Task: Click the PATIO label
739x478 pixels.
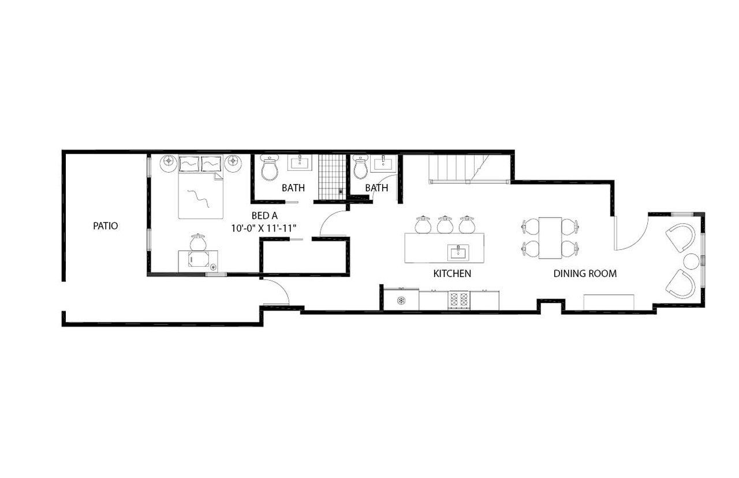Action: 105,226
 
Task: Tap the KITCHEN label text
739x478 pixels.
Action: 452,274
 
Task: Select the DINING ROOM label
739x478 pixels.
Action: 585,274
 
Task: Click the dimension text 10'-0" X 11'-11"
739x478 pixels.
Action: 264,228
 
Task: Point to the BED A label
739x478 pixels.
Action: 264,216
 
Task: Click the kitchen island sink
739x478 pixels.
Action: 458,253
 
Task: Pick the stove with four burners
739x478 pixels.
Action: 459,300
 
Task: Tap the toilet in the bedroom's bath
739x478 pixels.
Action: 270,168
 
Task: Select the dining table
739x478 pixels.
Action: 550,238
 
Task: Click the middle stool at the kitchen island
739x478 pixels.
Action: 445,225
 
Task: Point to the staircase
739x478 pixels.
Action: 469,169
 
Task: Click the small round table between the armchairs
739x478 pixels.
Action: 691,262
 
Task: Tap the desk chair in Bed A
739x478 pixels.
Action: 198,242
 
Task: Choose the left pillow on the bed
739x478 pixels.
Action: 189,163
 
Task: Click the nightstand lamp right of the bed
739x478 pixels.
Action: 233,161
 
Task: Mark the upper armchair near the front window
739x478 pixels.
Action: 681,237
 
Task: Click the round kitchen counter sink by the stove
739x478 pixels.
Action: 401,301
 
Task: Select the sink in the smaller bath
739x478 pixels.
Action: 383,163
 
